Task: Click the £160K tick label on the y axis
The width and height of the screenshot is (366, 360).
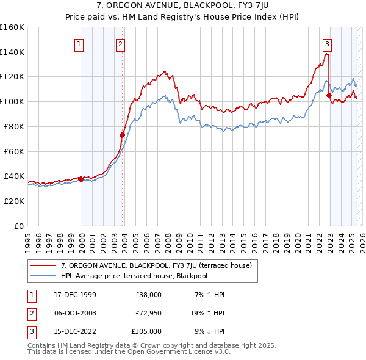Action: (12, 27)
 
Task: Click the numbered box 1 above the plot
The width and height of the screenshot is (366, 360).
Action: (80, 44)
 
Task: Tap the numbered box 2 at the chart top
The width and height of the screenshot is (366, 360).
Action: (121, 44)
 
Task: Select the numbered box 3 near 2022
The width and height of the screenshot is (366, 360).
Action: (328, 44)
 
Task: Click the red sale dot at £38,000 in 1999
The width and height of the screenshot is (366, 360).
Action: (81, 179)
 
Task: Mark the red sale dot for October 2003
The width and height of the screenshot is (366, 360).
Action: (122, 135)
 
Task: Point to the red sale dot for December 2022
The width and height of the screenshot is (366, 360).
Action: (329, 95)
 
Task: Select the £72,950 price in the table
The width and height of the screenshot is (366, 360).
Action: (148, 313)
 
